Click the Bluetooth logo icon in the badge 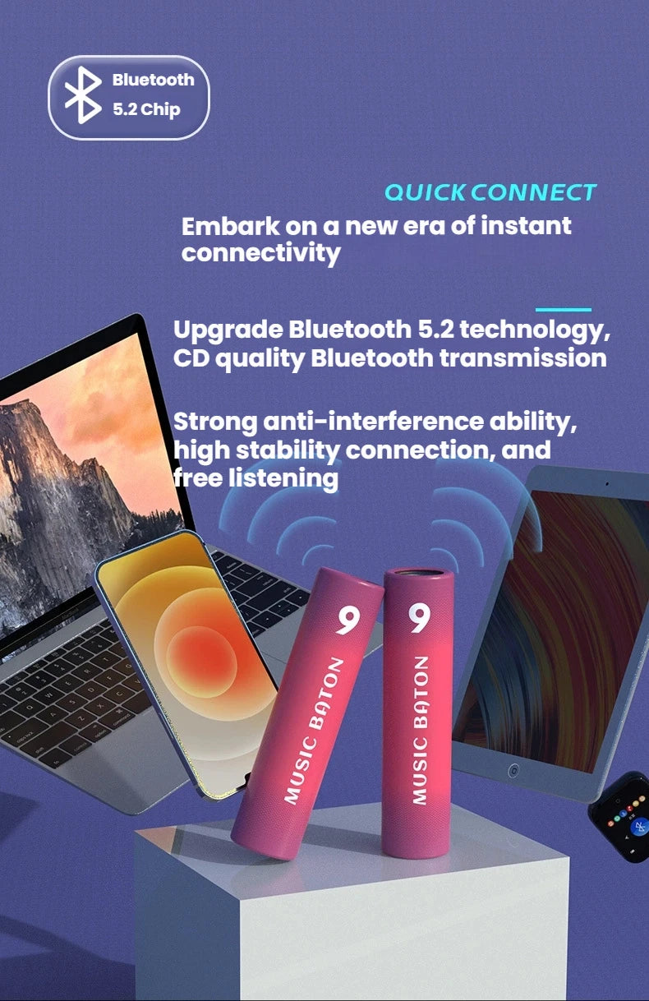(82, 96)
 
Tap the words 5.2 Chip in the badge (146, 109)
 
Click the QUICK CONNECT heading (490, 192)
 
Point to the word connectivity (260, 253)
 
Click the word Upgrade (227, 330)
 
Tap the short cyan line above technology (563, 310)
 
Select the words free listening (255, 478)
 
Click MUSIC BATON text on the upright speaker (419, 729)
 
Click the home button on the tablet (513, 772)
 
